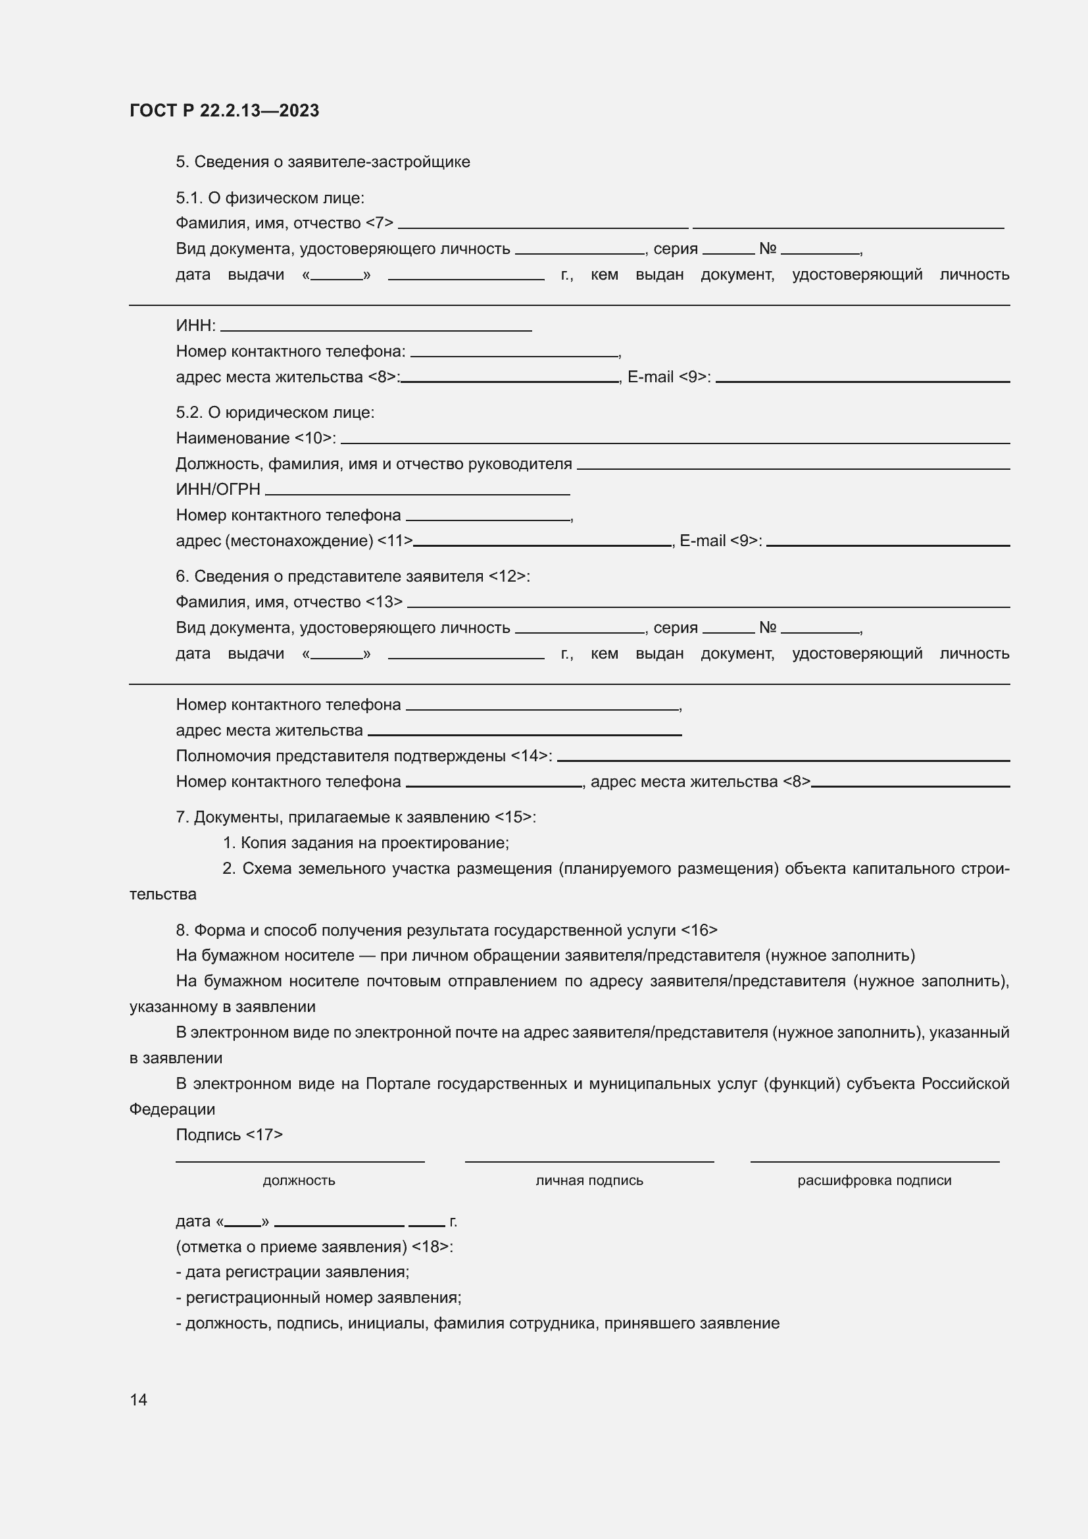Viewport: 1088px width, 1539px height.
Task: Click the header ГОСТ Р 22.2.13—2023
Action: tap(224, 111)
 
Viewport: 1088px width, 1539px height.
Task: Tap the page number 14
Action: tap(139, 1400)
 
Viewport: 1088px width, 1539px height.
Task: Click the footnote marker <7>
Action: tap(379, 223)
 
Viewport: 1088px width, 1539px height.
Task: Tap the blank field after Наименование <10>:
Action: tap(675, 440)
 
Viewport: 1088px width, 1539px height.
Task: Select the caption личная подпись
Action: tap(589, 1180)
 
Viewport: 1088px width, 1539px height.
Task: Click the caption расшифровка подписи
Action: tap(874, 1180)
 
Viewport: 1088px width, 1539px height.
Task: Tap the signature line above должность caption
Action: tap(299, 1159)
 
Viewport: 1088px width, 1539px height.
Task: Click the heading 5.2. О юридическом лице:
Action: tap(275, 413)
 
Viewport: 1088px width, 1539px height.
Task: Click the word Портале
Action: tap(398, 1084)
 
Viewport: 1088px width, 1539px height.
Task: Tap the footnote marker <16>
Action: tap(699, 930)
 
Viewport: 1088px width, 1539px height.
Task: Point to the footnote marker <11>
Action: tap(395, 541)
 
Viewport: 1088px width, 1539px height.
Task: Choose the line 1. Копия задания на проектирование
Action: tap(366, 844)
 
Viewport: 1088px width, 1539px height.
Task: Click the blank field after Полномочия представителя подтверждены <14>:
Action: tap(783, 758)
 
